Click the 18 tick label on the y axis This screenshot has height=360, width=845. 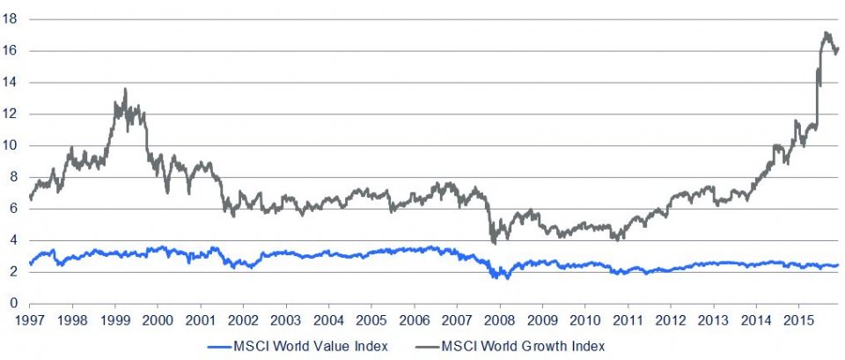[11, 19]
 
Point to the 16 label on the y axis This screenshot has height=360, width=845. [11, 51]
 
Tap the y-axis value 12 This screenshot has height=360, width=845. [11, 114]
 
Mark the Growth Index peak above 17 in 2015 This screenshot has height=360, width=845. [825, 33]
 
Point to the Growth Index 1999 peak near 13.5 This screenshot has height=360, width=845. [125, 89]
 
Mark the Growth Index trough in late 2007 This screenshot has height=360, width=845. [494, 243]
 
